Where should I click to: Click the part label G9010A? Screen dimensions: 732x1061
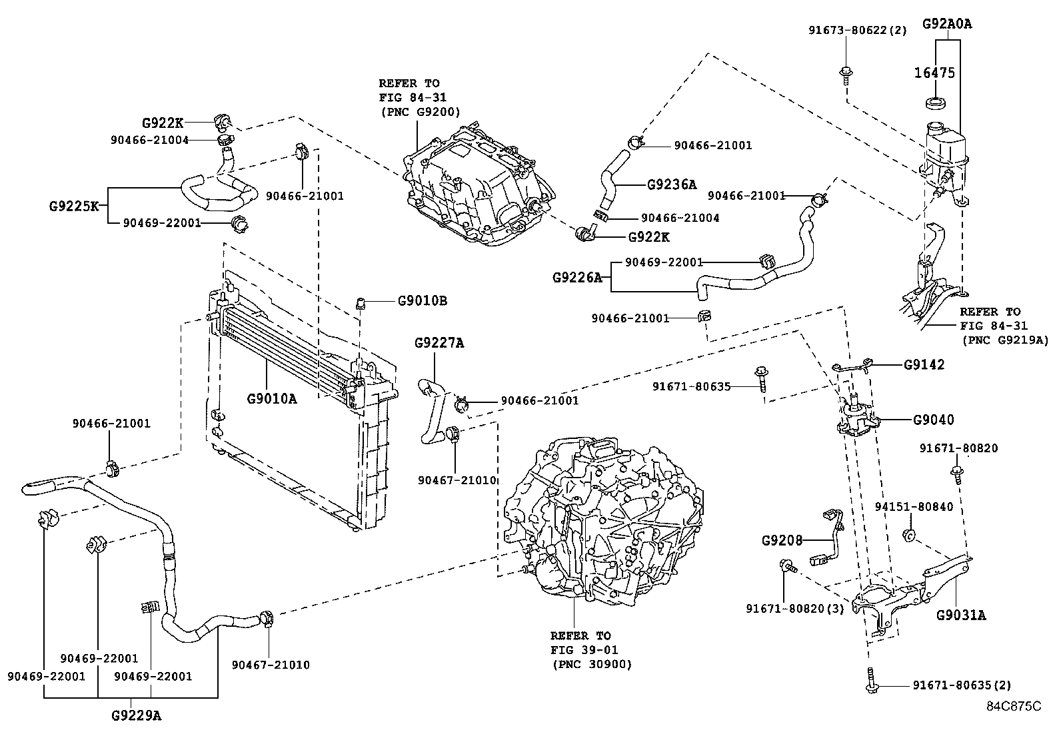(x=271, y=399)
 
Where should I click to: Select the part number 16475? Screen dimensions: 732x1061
(x=934, y=73)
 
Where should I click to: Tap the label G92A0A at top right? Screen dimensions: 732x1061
(x=947, y=24)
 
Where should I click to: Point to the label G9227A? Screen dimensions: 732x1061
(x=439, y=343)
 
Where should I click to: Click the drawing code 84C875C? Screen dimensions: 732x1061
(x=1014, y=705)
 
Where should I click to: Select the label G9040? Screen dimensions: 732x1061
(x=933, y=420)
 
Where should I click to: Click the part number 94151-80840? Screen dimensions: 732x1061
(x=914, y=507)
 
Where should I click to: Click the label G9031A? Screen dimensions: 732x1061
(x=960, y=615)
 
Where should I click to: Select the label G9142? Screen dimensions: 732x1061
(x=924, y=365)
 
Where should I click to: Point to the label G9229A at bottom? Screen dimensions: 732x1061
(x=136, y=716)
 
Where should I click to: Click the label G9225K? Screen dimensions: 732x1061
(x=73, y=206)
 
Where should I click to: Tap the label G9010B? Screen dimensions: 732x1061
(x=422, y=300)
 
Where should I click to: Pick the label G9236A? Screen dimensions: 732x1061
(x=671, y=184)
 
